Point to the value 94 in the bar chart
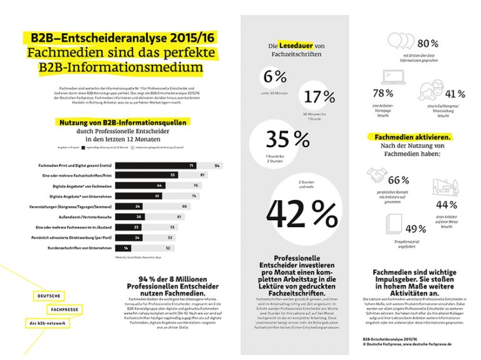(217, 165)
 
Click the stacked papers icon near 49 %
(393, 221)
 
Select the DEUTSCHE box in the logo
(49, 295)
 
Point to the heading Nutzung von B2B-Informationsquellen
(122, 123)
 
